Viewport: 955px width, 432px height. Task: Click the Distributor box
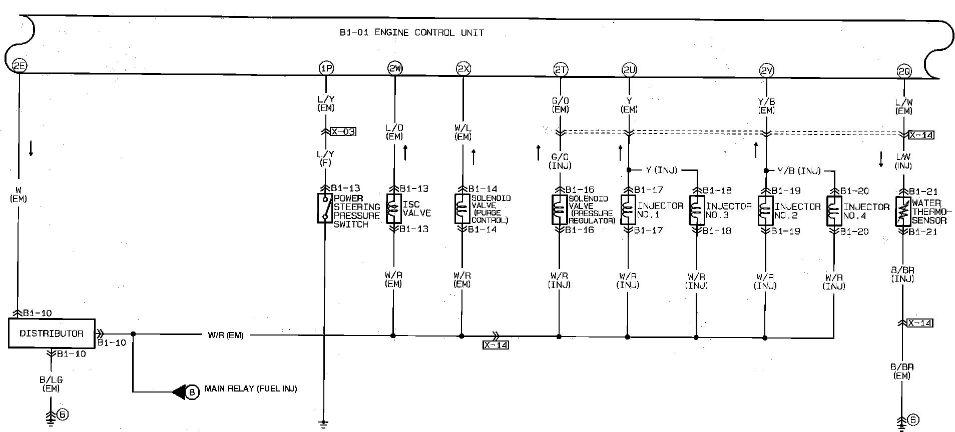[52, 333]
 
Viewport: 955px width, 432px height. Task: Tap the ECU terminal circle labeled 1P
[326, 68]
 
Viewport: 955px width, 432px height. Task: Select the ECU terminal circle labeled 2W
[395, 68]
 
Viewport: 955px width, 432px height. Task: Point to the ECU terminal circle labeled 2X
[463, 68]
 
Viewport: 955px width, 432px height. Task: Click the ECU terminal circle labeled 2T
[561, 70]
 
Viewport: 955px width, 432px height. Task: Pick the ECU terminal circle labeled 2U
[629, 70]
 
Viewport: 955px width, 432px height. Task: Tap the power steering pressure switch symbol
[325, 208]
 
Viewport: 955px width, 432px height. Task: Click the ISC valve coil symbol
[394, 208]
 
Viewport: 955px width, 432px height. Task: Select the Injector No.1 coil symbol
[628, 210]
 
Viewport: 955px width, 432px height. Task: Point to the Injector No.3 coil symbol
[696, 210]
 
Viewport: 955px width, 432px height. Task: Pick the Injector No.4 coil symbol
[834, 211]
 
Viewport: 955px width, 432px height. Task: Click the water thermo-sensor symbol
[903, 211]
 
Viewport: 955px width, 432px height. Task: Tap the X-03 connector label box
[343, 131]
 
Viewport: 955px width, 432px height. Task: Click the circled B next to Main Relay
[192, 392]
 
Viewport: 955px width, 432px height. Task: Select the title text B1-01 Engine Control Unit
[411, 33]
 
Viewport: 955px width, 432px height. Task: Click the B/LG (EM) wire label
[51, 384]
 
